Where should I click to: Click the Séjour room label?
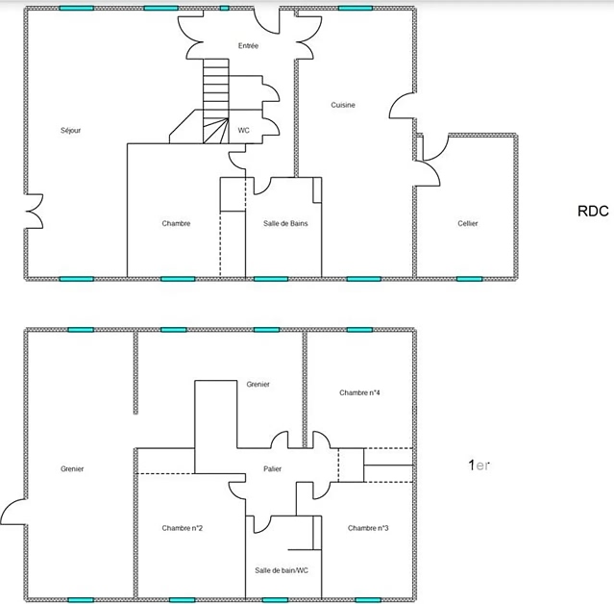(71, 131)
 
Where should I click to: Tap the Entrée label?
(248, 46)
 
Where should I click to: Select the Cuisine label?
(343, 105)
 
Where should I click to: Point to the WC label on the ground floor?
(243, 131)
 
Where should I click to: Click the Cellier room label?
(468, 223)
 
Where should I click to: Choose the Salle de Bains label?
(285, 223)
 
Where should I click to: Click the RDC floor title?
(593, 212)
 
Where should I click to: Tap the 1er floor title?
(479, 466)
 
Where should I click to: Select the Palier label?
(273, 468)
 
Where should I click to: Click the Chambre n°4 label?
(359, 392)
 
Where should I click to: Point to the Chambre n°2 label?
(182, 528)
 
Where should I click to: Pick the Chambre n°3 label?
(368, 528)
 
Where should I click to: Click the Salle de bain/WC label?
(282, 570)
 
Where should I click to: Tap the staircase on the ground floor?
(216, 101)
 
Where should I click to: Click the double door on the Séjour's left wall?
(34, 212)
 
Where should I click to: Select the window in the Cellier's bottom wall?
(469, 279)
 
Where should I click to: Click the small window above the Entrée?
(225, 8)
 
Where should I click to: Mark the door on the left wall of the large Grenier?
(13, 512)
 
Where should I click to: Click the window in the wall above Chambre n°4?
(359, 330)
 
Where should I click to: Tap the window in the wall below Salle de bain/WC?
(275, 600)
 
